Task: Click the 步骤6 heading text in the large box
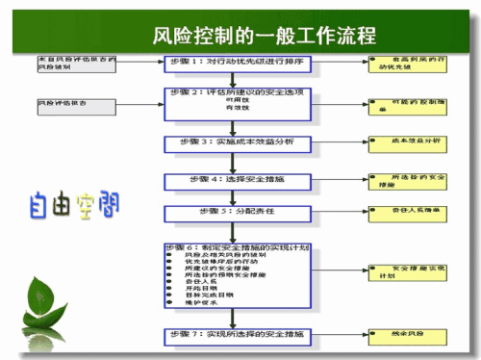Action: pyautogui.click(x=236, y=247)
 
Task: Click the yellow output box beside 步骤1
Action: pyautogui.click(x=403, y=64)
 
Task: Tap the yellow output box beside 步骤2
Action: pyautogui.click(x=405, y=104)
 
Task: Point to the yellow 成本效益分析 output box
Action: pyautogui.click(x=403, y=141)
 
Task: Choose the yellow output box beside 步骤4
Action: pyautogui.click(x=403, y=180)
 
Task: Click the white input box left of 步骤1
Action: pyautogui.click(x=77, y=64)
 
